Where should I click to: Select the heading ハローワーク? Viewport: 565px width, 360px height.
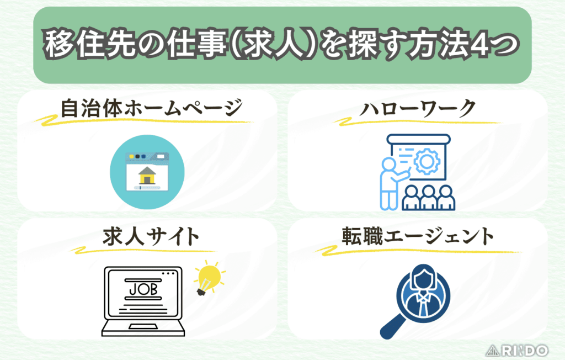tap(417, 109)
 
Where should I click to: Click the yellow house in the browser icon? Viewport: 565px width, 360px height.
tap(147, 177)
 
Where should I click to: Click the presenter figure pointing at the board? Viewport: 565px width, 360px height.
tap(390, 179)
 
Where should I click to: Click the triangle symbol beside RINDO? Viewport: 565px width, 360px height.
tap(492, 350)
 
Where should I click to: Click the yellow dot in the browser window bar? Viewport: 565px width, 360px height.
tap(133, 157)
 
